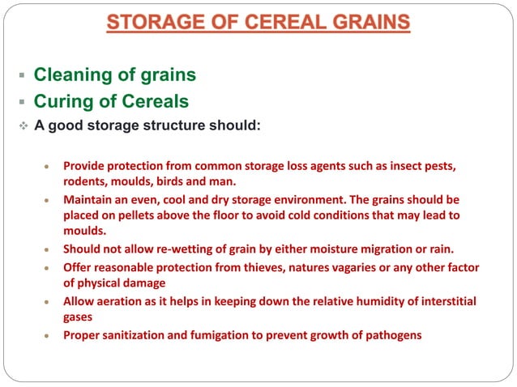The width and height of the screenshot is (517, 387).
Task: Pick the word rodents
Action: tap(86, 181)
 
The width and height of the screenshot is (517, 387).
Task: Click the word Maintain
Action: tap(90, 198)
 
